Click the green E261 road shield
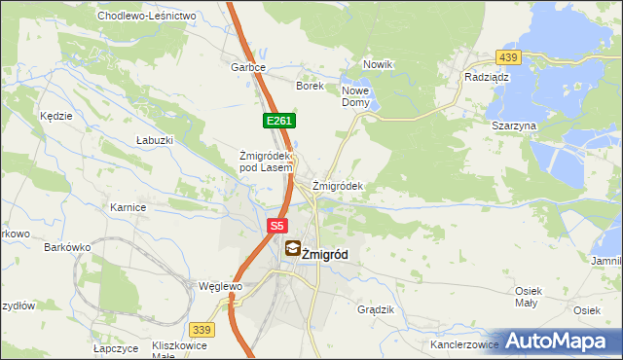pos(278,120)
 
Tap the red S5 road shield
pos(277,225)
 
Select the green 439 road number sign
pos(508,57)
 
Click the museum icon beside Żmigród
pos(292,250)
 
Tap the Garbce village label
pos(248,68)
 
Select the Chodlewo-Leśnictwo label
pos(146,17)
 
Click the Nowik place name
pos(377,64)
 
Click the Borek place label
pos(310,86)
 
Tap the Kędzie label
pos(56,116)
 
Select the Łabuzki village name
pos(155,140)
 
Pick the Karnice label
pos(128,207)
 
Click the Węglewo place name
pos(219,287)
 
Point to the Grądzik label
pos(376,309)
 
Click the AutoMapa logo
pos(558,341)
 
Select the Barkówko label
pos(67,247)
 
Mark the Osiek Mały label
pos(528,297)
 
